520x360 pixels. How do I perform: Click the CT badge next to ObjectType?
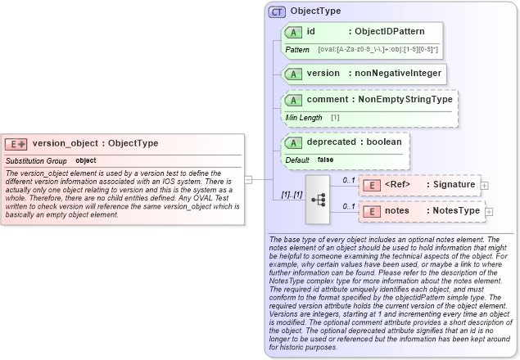click(277, 11)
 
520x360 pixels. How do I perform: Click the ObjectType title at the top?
click(315, 11)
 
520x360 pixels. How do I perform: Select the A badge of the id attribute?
click(292, 32)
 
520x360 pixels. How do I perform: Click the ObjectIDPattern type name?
click(389, 32)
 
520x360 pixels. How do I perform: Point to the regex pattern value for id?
click(378, 50)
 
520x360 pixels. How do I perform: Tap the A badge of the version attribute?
click(292, 74)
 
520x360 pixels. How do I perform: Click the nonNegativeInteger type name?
click(398, 74)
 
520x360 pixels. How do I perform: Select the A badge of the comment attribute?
click(292, 100)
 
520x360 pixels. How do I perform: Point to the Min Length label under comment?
click(303, 118)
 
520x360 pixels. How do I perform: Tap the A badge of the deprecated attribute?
click(292, 142)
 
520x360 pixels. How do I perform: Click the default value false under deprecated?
click(325, 160)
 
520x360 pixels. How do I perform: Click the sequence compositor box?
click(317, 199)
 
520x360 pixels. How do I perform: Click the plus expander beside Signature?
click(485, 186)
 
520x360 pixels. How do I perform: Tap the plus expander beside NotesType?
click(490, 212)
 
